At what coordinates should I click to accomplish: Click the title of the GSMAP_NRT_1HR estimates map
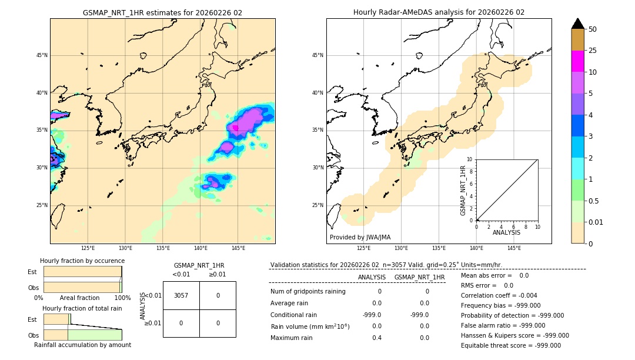[162, 12]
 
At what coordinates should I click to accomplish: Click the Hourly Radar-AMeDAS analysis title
[439, 12]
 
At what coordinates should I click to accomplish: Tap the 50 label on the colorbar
[593, 29]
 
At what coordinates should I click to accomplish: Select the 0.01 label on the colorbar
[596, 222]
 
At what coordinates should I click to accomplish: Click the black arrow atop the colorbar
[577, 24]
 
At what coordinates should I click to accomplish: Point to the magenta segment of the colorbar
[577, 61]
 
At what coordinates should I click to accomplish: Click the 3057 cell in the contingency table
[181, 295]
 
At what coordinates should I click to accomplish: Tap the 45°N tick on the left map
[42, 55]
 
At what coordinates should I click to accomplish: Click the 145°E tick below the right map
[514, 248]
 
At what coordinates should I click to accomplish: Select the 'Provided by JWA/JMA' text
[360, 237]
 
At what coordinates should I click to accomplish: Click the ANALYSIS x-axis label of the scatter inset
[506, 232]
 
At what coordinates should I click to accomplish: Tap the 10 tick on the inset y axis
[470, 159]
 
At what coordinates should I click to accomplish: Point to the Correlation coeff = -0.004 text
[499, 295]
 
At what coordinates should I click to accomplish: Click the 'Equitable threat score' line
[510, 345]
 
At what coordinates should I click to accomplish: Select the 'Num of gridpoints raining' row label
[308, 291]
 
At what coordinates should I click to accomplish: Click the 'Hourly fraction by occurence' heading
[82, 261]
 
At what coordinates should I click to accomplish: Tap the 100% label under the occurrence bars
[122, 298]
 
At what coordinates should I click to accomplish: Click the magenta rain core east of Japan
[236, 127]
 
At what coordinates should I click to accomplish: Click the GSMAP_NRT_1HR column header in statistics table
[419, 277]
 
